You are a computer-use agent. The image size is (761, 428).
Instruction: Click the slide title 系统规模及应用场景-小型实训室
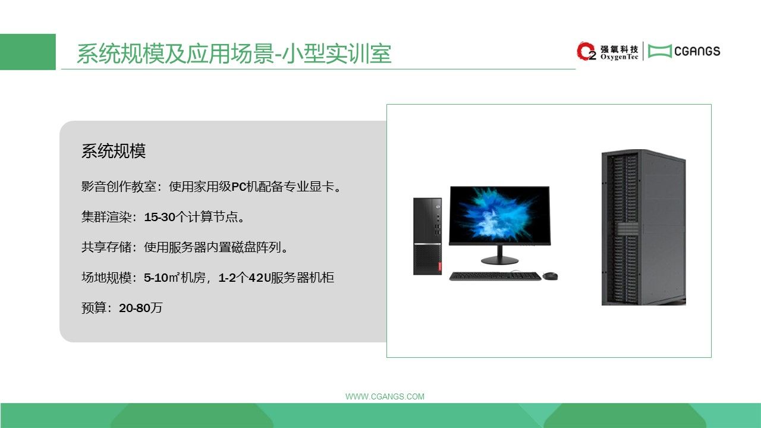click(x=234, y=53)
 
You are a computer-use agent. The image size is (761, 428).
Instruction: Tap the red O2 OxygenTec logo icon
click(x=586, y=51)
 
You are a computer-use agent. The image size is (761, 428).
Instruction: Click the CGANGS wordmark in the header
click(x=697, y=51)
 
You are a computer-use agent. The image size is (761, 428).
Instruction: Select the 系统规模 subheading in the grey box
click(x=114, y=151)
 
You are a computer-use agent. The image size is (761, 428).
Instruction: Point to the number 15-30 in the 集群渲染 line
click(x=159, y=217)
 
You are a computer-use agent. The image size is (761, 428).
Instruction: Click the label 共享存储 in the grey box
click(x=106, y=247)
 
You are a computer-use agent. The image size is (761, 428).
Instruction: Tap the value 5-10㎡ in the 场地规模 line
click(x=161, y=278)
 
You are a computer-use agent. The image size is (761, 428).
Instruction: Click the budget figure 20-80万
click(x=141, y=308)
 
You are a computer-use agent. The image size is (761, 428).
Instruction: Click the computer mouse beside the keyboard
click(x=550, y=276)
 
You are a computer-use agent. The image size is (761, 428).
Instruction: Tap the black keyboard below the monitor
click(x=495, y=276)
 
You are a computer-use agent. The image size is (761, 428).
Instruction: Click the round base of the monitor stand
click(x=500, y=260)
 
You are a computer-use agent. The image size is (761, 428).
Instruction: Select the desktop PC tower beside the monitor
click(x=427, y=236)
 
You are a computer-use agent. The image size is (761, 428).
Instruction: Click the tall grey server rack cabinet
click(x=644, y=227)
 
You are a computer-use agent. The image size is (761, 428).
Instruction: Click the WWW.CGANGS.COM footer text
click(x=385, y=396)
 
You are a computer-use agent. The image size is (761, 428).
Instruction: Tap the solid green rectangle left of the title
click(x=28, y=52)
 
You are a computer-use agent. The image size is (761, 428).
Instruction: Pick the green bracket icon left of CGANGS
click(x=660, y=51)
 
